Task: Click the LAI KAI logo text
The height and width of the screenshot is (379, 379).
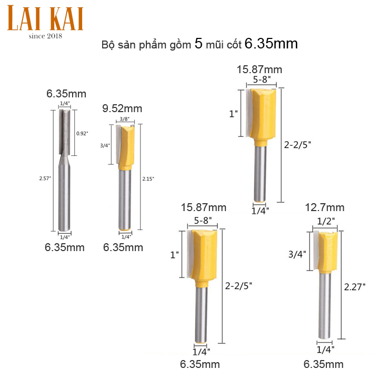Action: (x=45, y=18)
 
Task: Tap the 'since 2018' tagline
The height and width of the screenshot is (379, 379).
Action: (x=45, y=36)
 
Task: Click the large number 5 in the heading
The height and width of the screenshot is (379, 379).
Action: (x=198, y=44)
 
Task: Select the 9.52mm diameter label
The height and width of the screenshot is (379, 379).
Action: (x=122, y=108)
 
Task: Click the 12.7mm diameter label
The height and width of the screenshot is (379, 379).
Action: (x=325, y=207)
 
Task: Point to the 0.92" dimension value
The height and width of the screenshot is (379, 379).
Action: (x=82, y=133)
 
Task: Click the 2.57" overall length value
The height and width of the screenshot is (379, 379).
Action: (x=45, y=178)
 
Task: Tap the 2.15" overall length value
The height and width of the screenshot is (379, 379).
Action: (x=148, y=179)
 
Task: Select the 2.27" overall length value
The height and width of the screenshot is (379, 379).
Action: (x=355, y=287)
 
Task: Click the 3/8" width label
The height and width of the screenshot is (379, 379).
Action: (x=125, y=119)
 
